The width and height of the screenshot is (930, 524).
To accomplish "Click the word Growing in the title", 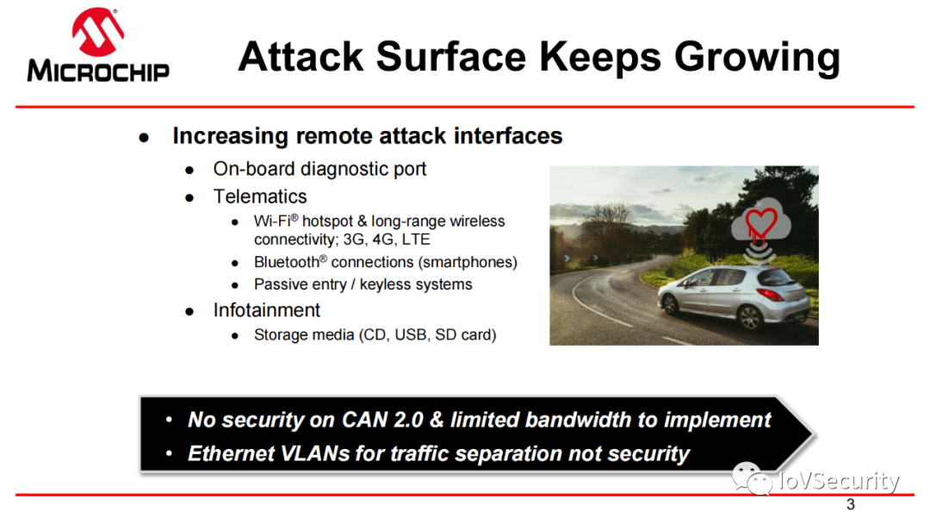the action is (x=758, y=58).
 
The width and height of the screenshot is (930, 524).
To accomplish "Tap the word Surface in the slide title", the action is (x=451, y=57).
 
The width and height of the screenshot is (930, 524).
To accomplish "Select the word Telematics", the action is (x=260, y=196).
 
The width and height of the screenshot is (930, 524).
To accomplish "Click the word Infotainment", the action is (x=266, y=309).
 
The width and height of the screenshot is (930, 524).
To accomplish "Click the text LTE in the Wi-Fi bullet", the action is (x=416, y=239).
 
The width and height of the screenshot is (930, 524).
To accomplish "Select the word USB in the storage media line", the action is (x=411, y=334).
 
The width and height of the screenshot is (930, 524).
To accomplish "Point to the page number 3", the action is (x=851, y=504).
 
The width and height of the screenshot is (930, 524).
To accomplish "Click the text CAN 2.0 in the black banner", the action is (x=382, y=420).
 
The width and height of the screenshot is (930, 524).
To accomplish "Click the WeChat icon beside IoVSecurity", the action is (x=752, y=478).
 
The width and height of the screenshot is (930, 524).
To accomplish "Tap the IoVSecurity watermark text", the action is (x=839, y=481).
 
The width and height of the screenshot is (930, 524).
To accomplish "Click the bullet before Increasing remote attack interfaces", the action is (x=144, y=138).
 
